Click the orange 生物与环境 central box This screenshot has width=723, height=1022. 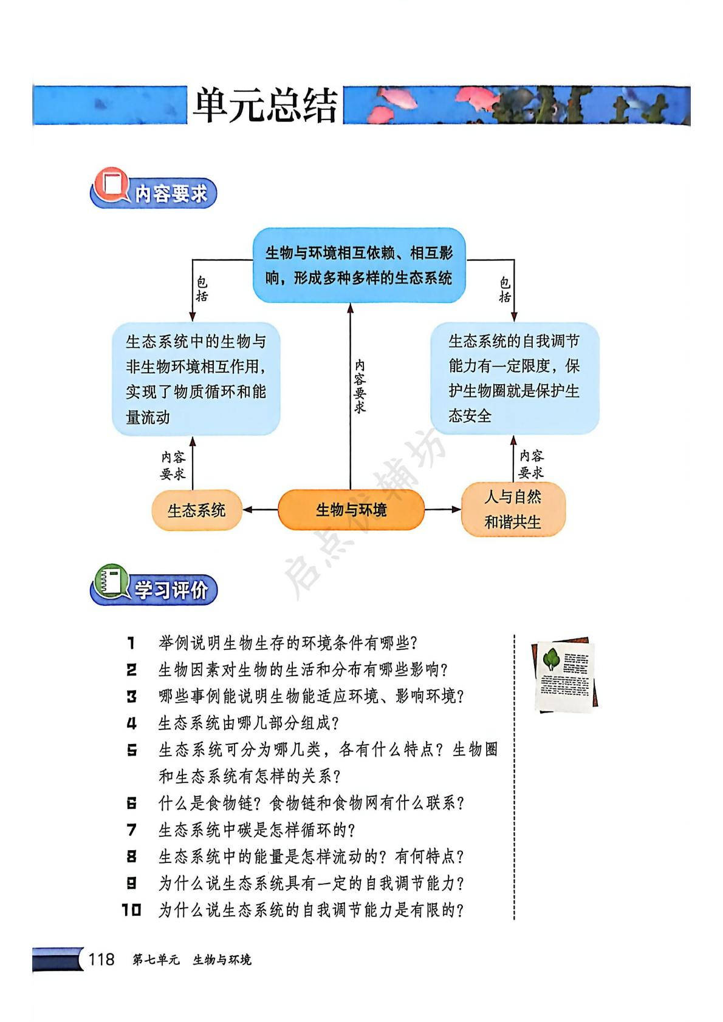click(x=351, y=510)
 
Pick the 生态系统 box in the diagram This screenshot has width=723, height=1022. click(x=196, y=510)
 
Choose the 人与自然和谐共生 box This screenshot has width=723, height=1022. click(x=513, y=510)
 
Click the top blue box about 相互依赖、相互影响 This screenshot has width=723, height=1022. click(x=359, y=265)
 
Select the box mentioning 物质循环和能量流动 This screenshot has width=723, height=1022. click(x=196, y=379)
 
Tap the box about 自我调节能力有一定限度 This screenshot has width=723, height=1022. click(x=514, y=378)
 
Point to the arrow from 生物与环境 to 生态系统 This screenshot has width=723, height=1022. click(x=259, y=510)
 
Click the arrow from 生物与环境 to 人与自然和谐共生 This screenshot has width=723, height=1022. click(x=442, y=510)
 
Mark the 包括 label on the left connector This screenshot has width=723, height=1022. click(x=202, y=289)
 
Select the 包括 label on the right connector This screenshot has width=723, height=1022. click(x=505, y=289)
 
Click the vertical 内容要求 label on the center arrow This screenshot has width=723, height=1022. click(x=360, y=387)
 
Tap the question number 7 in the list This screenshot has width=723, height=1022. click(x=132, y=830)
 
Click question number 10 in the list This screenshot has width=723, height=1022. click(x=131, y=910)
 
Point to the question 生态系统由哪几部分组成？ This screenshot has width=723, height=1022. click(x=248, y=723)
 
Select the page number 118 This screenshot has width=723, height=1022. click(x=101, y=959)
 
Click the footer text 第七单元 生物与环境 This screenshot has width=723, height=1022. click(x=191, y=959)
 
